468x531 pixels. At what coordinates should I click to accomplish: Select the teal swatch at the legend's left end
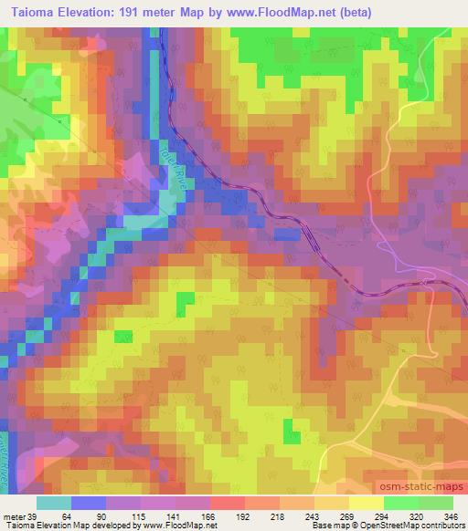tap(54, 503)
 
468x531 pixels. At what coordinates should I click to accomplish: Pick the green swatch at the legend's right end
tap(436, 503)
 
